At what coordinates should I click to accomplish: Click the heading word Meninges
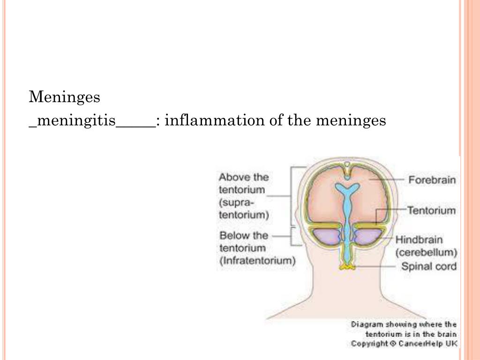tap(65, 97)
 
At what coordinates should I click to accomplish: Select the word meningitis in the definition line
tap(75, 121)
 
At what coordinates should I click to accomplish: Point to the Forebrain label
tap(432, 180)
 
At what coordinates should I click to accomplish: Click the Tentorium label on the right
tap(431, 210)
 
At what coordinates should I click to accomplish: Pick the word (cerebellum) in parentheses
tap(426, 252)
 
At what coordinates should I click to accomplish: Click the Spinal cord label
tap(428, 267)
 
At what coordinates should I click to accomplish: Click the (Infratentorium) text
tap(257, 261)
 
